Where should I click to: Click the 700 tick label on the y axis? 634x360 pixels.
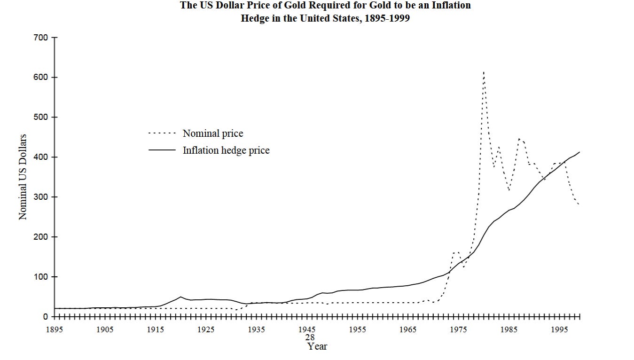(41, 38)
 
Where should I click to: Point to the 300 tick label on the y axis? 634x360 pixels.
(41, 197)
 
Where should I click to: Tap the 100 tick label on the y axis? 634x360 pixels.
(41, 277)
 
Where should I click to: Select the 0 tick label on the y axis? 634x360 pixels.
(46, 317)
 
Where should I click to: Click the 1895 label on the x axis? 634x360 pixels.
(55, 330)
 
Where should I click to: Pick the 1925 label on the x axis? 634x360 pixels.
(206, 330)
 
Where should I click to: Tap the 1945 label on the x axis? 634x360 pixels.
(307, 330)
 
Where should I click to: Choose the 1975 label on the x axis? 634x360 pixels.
(458, 330)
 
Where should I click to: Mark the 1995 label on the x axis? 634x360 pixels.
(559, 330)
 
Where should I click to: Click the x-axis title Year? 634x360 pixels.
(317, 347)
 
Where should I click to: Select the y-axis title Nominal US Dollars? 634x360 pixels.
(23, 177)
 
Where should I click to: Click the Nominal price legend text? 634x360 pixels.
(213, 133)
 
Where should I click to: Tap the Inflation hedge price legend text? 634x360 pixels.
(226, 150)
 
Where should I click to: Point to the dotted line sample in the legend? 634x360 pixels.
(162, 133)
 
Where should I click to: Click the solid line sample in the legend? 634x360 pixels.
(162, 150)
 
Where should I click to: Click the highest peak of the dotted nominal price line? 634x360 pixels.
(484, 72)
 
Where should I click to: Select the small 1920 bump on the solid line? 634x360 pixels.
(180, 297)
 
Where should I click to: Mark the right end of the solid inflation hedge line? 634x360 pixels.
(579, 152)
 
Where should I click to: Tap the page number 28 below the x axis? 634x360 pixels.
(310, 337)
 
